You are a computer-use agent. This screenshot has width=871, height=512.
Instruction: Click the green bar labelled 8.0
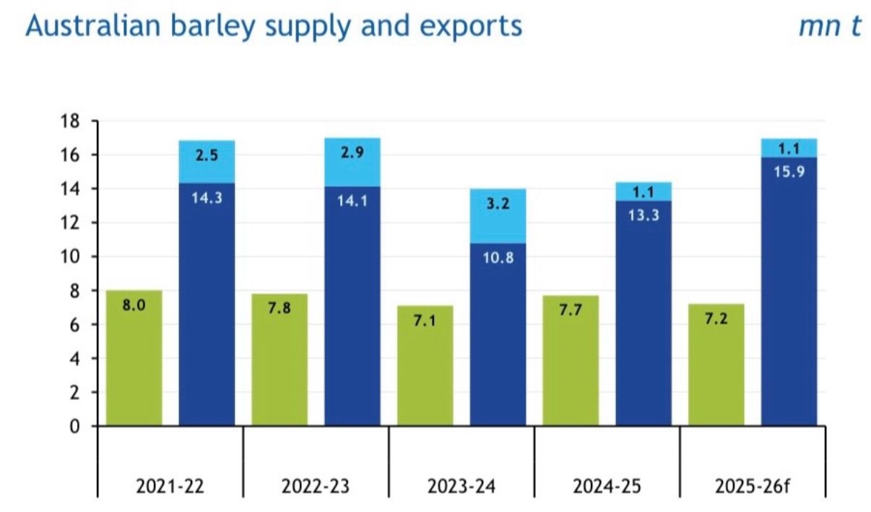134,358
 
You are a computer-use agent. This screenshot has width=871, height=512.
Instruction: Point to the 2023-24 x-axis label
461,485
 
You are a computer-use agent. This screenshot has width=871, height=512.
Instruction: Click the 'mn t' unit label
830,26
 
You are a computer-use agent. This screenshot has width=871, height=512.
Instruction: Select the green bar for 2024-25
571,361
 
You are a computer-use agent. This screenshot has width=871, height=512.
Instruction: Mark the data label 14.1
352,202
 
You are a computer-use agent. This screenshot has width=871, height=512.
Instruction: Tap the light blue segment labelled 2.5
207,162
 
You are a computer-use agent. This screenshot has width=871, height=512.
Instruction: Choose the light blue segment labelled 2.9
352,162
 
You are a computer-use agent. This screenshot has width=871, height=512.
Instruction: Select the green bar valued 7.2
716,365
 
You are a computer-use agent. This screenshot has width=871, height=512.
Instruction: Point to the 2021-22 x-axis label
170,485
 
